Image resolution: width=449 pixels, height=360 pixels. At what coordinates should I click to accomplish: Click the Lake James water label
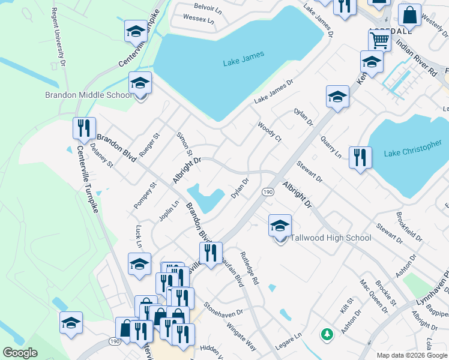point(244,62)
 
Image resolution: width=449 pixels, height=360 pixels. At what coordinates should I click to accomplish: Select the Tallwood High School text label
point(331,238)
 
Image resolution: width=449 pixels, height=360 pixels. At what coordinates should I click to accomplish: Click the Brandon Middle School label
point(88,95)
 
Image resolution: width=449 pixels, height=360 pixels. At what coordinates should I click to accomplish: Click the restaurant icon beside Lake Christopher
point(360,158)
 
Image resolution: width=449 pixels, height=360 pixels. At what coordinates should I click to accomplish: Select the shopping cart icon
point(379,41)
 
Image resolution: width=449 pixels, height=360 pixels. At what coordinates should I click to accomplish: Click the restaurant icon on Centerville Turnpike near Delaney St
point(84,128)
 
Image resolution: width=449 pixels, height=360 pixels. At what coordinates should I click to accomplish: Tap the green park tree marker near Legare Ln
point(327,333)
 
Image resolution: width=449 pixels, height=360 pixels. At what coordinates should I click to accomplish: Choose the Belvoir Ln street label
point(208,6)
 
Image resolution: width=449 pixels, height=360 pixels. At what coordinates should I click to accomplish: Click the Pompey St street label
point(145,196)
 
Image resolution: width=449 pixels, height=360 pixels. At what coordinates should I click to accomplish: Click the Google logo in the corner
point(20,353)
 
